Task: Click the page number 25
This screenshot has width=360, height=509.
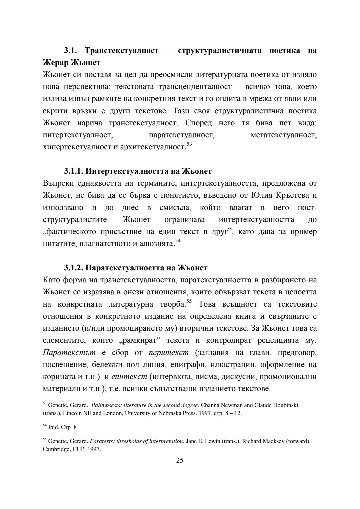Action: coord(180,461)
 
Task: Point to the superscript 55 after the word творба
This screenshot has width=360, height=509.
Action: coord(189,302)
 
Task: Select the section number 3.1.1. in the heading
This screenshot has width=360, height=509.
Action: coord(74,171)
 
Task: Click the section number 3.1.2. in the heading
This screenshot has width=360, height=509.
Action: coord(74,268)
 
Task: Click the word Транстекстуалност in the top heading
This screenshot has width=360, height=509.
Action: coord(121,51)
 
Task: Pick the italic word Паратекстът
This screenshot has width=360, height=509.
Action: coord(69,352)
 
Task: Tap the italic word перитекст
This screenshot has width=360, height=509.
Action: coord(169,352)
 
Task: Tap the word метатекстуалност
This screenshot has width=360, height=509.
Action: coord(284,135)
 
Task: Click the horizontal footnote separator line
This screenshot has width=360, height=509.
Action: coord(86,398)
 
